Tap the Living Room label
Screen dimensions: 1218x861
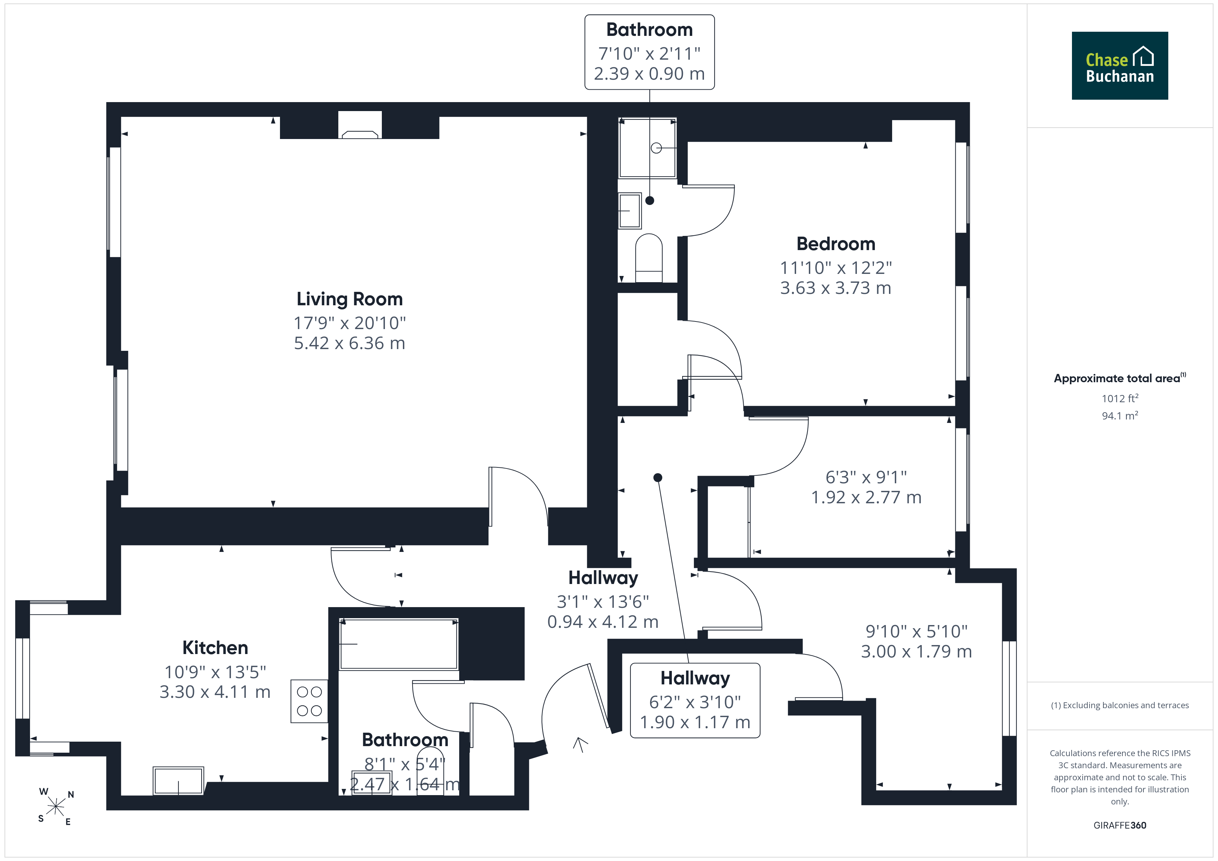pos(350,299)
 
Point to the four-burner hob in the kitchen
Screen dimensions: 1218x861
pos(309,701)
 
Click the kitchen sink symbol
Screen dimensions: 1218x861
pos(178,780)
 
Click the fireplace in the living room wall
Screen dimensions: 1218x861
pos(360,125)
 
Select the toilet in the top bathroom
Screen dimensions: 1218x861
pos(649,258)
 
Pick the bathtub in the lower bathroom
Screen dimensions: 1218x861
pos(398,644)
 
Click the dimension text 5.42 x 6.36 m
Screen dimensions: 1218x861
pos(350,343)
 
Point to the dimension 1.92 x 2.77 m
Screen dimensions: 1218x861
pos(866,497)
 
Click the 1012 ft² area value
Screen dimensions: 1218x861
pos(1120,398)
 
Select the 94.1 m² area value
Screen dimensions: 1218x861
pos(1120,416)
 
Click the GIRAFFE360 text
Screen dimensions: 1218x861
pos(1120,825)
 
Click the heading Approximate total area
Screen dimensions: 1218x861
pos(1117,378)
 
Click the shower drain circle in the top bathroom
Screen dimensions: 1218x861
pos(656,148)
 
